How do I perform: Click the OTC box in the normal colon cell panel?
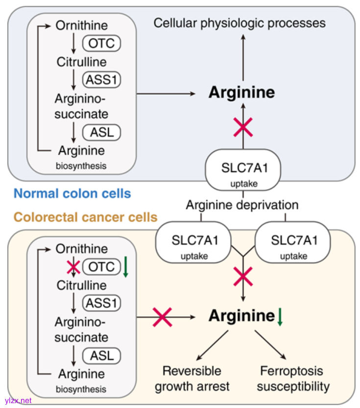coord(102,43)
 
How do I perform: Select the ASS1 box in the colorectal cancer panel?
coord(101,303)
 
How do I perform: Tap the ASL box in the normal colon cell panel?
coord(102,132)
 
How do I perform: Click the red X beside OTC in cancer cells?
coord(74,267)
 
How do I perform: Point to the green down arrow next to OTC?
coord(125,267)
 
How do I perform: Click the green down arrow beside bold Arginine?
coord(280,317)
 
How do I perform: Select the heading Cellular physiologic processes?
coord(240,23)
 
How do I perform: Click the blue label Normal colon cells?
coord(72,193)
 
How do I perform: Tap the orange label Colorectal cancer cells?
coord(86,217)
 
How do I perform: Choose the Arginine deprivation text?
coord(241,204)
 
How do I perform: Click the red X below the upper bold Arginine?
coord(243,128)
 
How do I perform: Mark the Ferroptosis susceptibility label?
coord(293,378)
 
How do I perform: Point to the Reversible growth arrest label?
coord(192,378)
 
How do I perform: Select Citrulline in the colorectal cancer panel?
coord(81,285)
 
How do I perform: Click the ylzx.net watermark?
coord(18,401)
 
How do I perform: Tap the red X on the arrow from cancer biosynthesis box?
coord(163,317)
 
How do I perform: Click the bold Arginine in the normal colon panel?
coord(242,93)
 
